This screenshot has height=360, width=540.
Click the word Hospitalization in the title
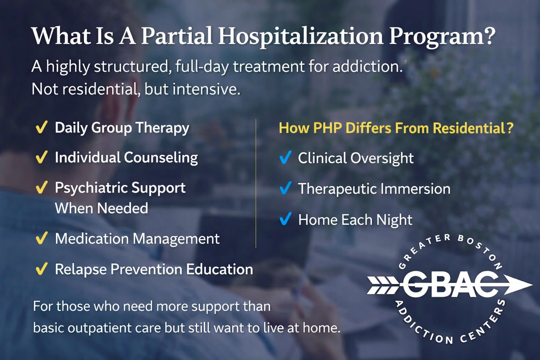click(x=301, y=36)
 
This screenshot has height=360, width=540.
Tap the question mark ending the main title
click(x=488, y=36)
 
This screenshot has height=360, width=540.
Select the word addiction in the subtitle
click(x=368, y=66)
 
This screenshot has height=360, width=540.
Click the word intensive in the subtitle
click(x=206, y=89)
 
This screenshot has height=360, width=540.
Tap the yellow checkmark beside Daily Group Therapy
click(x=41, y=127)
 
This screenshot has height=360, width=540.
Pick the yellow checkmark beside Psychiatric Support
click(x=41, y=187)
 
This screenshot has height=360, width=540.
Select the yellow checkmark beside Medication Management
click(x=41, y=238)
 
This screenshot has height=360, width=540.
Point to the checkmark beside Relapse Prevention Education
click(x=41, y=269)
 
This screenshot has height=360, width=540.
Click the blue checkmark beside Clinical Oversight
click(x=286, y=157)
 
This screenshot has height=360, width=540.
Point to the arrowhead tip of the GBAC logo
click(x=532, y=285)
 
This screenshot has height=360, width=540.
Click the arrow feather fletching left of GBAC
click(x=383, y=285)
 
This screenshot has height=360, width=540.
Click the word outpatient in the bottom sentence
click(x=99, y=328)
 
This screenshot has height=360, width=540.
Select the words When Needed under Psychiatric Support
click(x=102, y=208)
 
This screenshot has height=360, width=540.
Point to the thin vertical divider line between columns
click(x=256, y=183)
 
